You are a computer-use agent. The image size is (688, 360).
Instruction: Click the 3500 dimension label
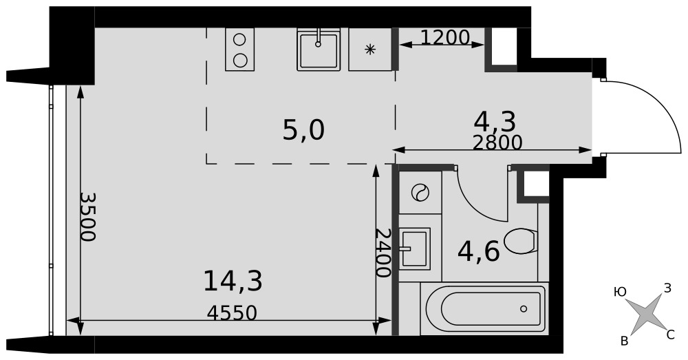tap(88, 217)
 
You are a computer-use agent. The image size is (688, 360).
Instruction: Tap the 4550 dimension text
tap(232, 313)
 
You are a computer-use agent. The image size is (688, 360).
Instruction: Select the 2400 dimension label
tap(383, 253)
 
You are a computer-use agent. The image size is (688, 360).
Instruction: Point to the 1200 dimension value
tap(445, 38)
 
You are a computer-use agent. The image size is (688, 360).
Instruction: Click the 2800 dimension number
tap(497, 142)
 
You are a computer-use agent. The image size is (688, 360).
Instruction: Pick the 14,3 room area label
tap(233, 282)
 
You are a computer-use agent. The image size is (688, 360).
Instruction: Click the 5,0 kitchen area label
tap(303, 130)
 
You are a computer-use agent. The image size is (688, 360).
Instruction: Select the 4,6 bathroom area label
tap(478, 252)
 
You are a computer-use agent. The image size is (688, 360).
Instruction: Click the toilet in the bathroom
tap(521, 241)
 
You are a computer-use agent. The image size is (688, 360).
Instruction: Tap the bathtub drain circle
tap(524, 308)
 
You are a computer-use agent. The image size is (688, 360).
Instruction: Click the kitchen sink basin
tap(319, 50)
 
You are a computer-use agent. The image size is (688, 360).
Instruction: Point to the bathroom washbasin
tap(414, 248)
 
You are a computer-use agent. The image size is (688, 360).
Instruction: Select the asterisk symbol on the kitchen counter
tap(370, 49)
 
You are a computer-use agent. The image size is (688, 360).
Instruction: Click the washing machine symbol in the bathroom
tap(420, 192)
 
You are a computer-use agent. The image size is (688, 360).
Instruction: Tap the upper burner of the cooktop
tap(239, 39)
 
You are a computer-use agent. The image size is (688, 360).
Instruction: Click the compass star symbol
tap(643, 315)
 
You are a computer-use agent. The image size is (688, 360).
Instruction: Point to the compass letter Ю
tap(620, 292)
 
